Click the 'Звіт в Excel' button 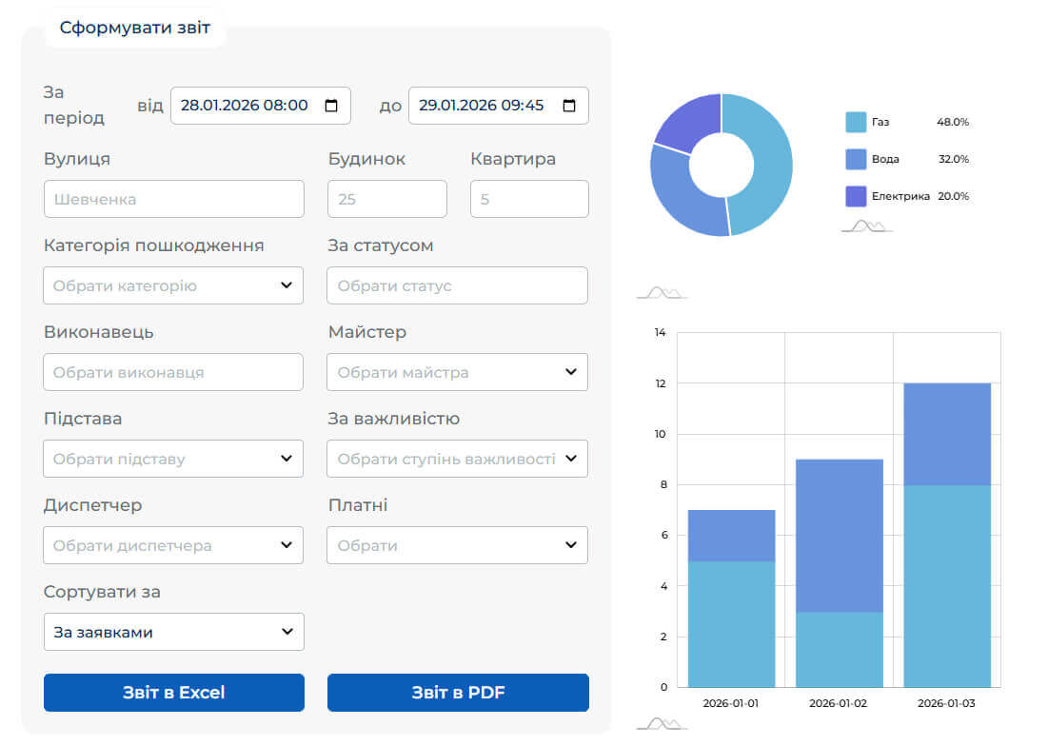tap(173, 693)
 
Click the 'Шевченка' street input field tap(173, 200)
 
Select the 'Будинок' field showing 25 tap(386, 200)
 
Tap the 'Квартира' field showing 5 tap(529, 200)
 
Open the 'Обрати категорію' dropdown tap(173, 285)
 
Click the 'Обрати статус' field tap(457, 285)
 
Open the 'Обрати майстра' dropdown tap(457, 372)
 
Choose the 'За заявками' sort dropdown tap(173, 632)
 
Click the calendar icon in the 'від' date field tap(331, 106)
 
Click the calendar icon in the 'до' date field tap(569, 106)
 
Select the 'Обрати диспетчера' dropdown tap(173, 545)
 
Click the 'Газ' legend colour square tap(856, 122)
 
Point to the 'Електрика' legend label tap(900, 196)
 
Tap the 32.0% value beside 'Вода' tap(953, 159)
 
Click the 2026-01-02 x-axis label tap(839, 703)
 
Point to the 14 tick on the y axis tap(660, 333)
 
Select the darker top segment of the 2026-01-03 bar tap(946, 434)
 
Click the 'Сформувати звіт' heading tap(134, 28)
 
